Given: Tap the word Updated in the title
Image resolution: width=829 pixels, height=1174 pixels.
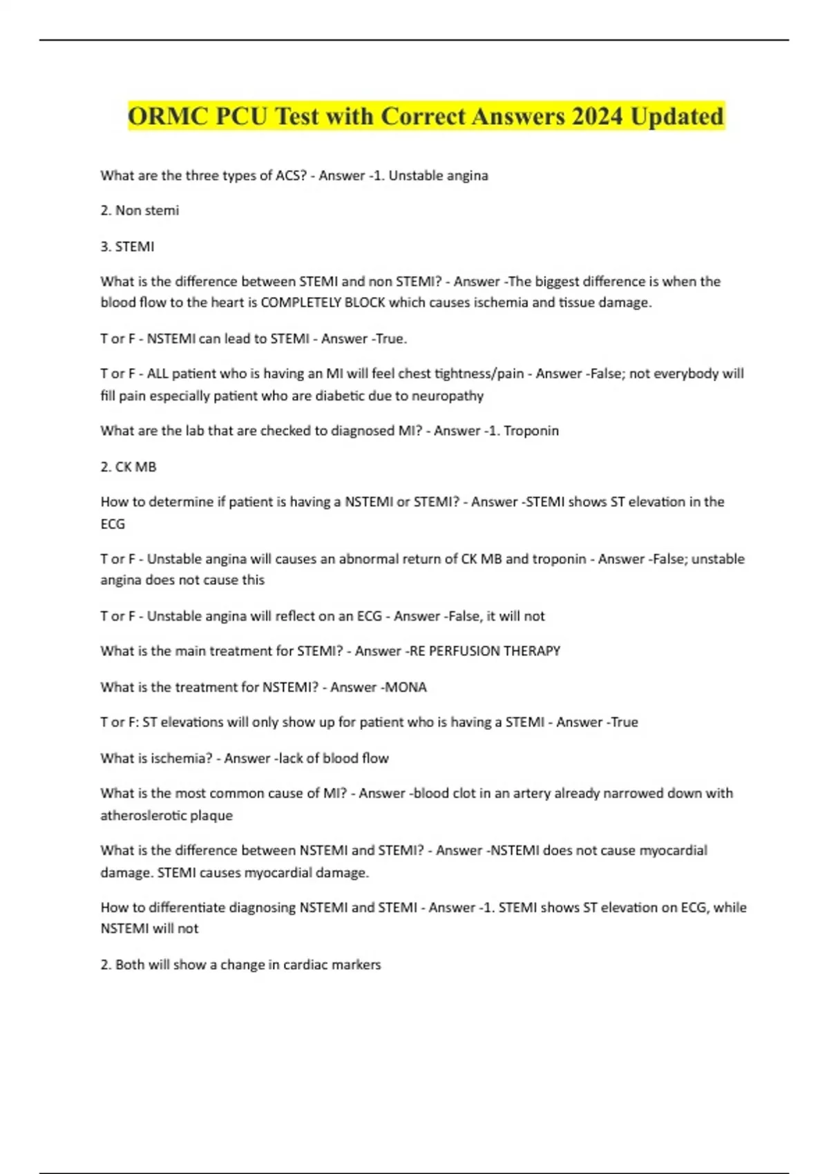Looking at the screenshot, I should [677, 116].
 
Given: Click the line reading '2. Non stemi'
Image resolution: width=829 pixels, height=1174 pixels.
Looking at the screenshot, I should [140, 211].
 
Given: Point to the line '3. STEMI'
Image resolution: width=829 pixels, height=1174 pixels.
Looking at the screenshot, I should [127, 247].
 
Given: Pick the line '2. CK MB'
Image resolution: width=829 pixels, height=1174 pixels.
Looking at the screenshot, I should [128, 467].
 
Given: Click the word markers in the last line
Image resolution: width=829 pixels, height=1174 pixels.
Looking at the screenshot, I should [357, 965].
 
